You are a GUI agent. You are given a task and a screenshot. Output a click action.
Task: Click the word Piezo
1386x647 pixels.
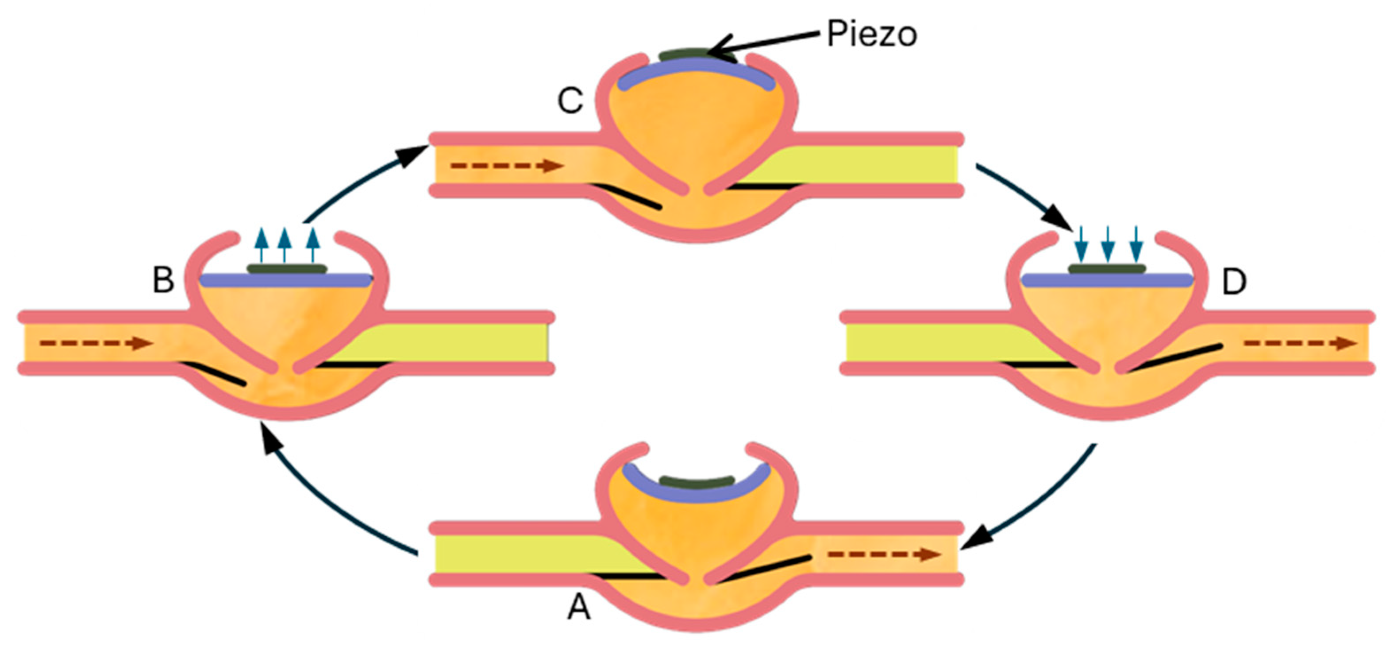coord(872,35)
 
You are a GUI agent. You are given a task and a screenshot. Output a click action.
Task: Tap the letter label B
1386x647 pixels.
coord(164,280)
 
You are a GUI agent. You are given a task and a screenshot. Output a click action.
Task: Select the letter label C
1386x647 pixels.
coord(570,101)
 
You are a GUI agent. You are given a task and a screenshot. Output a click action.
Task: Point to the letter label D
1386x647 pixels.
coord(1234,282)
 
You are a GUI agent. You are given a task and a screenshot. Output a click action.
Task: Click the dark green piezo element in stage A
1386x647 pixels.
coord(697,480)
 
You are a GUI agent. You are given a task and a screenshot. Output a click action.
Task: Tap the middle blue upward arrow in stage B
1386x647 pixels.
coord(285,245)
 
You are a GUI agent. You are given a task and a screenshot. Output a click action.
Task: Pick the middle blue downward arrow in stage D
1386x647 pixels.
coord(1107,244)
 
